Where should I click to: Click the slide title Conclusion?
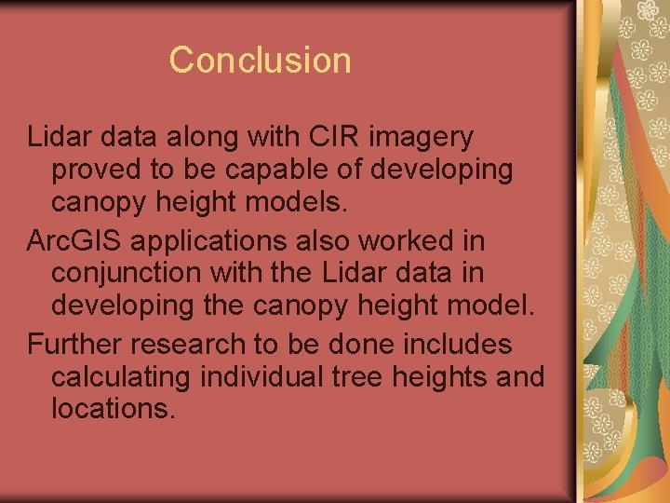click(261, 61)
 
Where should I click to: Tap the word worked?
click(410, 240)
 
